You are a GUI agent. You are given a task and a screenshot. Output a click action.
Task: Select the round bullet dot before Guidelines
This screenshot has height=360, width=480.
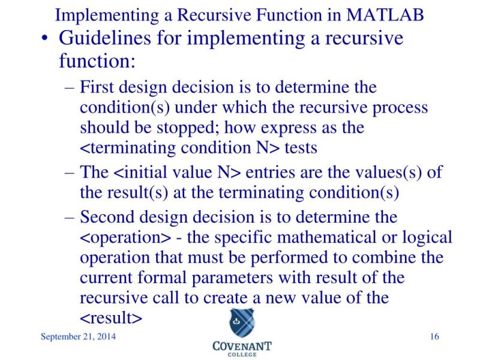click(46, 40)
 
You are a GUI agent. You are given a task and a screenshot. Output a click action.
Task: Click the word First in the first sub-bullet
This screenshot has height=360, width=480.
click(98, 88)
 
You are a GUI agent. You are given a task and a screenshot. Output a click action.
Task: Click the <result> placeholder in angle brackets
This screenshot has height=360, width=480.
click(111, 318)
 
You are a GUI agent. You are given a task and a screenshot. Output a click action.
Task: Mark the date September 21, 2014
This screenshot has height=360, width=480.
click(78, 336)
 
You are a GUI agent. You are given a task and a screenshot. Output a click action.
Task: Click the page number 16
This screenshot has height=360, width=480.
click(435, 336)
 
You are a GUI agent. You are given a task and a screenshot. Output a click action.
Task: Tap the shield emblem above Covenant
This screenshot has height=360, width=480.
click(242, 323)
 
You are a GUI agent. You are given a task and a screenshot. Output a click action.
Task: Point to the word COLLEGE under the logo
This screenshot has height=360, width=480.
click(242, 354)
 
